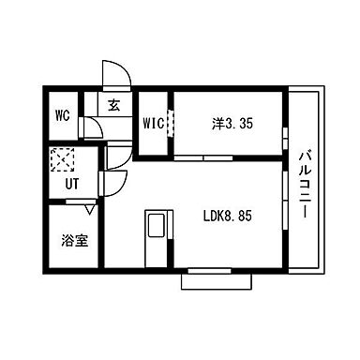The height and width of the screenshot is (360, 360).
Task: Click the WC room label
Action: (x=62, y=116)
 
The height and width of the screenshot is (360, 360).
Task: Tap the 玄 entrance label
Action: (x=113, y=106)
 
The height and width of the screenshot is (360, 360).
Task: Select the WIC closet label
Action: (x=154, y=123)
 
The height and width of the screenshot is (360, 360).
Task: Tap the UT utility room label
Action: (x=71, y=183)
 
